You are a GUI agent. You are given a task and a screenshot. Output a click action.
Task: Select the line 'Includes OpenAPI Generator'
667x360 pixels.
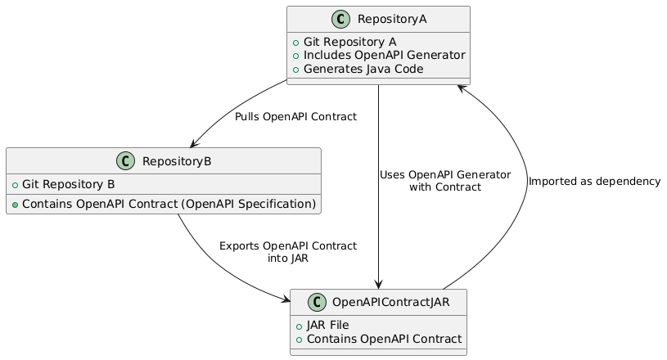(x=384, y=55)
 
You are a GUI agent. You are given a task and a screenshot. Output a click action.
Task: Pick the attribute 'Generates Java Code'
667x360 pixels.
(x=363, y=69)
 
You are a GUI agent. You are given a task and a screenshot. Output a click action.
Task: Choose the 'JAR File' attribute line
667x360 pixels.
(x=327, y=325)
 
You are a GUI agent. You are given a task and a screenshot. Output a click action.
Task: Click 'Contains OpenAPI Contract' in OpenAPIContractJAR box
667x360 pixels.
(x=382, y=339)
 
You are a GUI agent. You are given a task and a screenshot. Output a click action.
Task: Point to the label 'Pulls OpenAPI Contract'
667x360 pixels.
(x=295, y=117)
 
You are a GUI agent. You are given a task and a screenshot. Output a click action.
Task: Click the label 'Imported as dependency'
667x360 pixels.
(x=594, y=182)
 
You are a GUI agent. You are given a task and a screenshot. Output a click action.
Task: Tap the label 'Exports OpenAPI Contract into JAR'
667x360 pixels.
(x=287, y=251)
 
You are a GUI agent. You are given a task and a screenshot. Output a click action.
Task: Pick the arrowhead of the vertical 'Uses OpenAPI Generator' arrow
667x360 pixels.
(x=379, y=284)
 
